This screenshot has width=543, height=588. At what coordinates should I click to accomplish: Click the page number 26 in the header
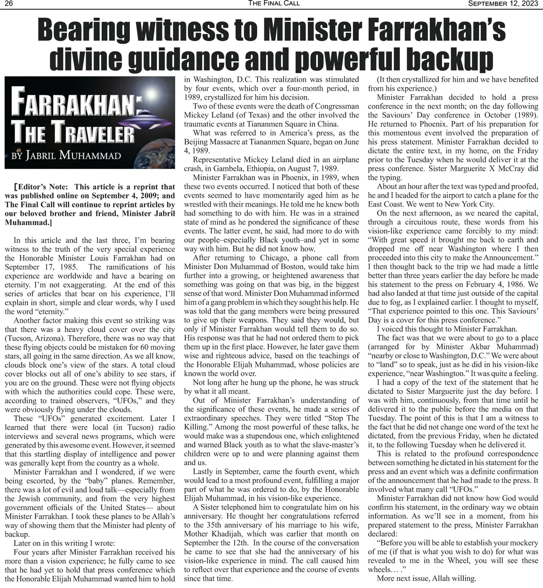tap(8, 4)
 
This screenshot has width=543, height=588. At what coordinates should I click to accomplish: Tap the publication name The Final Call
tap(274, 4)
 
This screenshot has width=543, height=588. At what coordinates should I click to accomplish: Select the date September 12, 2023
tap(503, 4)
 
